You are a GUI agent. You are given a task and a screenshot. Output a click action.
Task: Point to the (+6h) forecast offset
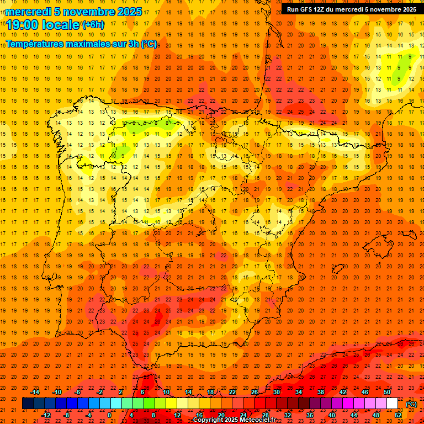[92, 24]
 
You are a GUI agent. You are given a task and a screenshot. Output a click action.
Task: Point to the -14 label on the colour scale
[35, 392]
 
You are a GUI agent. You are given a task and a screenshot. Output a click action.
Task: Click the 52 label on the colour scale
[398, 415]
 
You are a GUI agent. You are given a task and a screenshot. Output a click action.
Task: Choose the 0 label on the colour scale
[109, 415]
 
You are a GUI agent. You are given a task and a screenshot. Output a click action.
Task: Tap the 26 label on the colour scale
[255, 392]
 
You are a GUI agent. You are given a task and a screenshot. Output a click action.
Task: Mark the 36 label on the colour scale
[310, 415]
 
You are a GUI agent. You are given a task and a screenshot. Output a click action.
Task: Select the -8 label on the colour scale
[66, 415]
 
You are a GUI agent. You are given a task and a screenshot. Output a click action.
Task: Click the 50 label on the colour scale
[387, 392]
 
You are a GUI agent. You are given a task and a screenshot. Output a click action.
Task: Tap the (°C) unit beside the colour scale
[411, 404]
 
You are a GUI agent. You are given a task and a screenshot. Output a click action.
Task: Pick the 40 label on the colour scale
[332, 415]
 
